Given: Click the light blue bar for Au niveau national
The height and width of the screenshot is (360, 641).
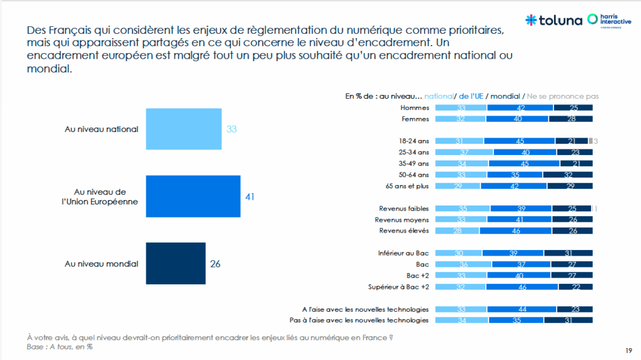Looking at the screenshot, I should pos(183,129).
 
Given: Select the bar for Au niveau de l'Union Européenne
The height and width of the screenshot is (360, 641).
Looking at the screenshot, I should pos(193,196).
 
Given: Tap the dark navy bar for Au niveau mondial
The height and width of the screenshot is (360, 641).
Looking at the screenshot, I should pos(175,264).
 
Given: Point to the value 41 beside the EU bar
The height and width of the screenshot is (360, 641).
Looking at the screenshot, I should pos(249,196).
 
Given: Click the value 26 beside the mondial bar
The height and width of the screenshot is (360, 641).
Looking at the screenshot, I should pos(215,264).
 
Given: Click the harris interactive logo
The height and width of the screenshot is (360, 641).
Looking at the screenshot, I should pos(609,20).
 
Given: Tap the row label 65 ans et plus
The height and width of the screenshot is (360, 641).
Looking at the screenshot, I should pos(408,186).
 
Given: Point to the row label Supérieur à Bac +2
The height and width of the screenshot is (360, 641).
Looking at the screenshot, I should pos(399,287).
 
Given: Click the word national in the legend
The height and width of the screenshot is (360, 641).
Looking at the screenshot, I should pos(438,96).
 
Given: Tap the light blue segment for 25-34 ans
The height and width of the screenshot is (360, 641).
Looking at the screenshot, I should pos(464,152).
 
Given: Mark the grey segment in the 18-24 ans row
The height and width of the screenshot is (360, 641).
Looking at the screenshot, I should pos(590,141).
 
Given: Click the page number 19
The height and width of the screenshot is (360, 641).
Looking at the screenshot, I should pos(628,349).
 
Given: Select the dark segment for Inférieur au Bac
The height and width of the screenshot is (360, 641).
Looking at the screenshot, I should pos(568,253).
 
